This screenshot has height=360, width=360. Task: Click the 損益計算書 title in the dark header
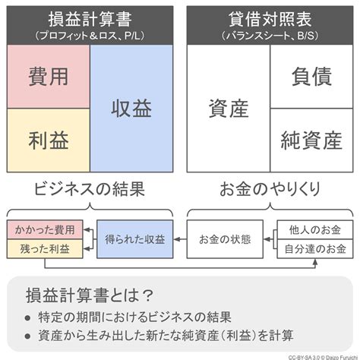click(x=90, y=20)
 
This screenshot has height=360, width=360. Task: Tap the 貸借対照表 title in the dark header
click(x=270, y=20)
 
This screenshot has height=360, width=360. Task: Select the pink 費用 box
click(x=49, y=77)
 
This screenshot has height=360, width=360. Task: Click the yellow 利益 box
click(x=49, y=141)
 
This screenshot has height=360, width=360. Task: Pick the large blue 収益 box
click(x=131, y=109)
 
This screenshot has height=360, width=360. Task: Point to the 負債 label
click(x=311, y=77)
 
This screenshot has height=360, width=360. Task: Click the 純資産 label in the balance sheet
click(x=311, y=141)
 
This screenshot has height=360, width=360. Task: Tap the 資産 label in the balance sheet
click(x=229, y=109)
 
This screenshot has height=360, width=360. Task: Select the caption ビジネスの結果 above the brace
click(x=90, y=189)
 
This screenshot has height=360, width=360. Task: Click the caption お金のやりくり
click(x=270, y=189)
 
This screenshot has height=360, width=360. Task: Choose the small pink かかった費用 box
click(x=45, y=229)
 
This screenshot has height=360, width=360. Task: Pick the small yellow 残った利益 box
click(x=45, y=249)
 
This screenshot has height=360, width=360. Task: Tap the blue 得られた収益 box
click(x=135, y=239)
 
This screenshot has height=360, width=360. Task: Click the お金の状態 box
click(x=225, y=239)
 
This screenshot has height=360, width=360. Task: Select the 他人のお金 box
click(x=315, y=229)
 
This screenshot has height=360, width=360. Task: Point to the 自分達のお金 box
click(x=315, y=249)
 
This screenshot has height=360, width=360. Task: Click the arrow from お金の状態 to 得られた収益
click(x=180, y=239)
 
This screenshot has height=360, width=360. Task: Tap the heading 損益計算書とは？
click(x=90, y=295)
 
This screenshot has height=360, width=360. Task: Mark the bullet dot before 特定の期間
click(x=27, y=318)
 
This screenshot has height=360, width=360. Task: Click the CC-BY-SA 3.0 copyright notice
click(x=324, y=358)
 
